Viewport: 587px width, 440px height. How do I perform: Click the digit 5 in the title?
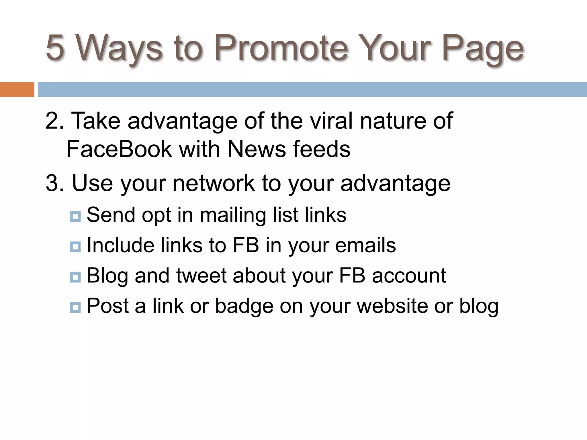click(x=55, y=48)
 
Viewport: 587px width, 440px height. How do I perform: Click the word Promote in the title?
click(x=281, y=48)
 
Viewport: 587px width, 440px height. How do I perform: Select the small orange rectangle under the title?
click(x=17, y=89)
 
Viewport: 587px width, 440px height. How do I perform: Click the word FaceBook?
click(x=119, y=149)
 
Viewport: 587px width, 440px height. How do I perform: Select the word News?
click(x=257, y=149)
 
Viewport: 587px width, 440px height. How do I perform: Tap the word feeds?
click(x=322, y=149)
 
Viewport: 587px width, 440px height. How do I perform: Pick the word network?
click(x=214, y=183)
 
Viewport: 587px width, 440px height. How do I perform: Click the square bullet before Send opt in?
click(x=75, y=217)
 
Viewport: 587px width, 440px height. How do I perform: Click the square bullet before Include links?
click(x=75, y=247)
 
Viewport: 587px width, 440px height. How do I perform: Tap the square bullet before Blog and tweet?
click(x=75, y=277)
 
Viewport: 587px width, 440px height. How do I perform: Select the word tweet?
click(x=201, y=276)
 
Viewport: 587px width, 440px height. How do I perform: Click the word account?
click(x=409, y=276)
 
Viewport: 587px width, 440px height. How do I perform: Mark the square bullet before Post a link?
click(x=75, y=308)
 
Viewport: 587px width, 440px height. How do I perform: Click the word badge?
click(x=244, y=306)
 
